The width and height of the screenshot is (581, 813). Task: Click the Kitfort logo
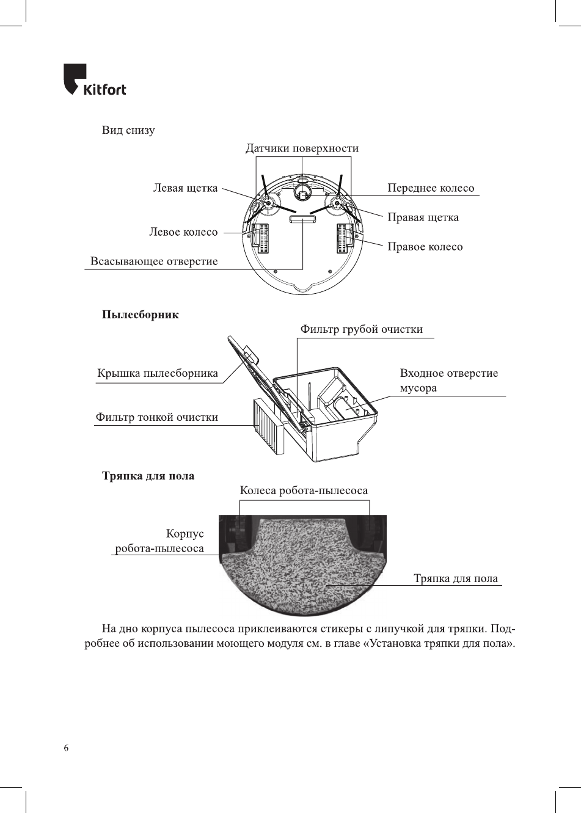pos(95,80)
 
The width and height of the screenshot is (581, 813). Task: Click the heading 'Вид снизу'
pos(128,130)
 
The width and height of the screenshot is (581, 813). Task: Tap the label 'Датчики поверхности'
pos(302,148)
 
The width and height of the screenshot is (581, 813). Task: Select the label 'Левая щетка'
pos(185,188)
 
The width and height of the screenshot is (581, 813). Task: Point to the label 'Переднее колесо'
pos(431,188)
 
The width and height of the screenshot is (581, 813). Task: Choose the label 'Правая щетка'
pos(423,217)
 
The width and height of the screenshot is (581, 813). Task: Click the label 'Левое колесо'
pos(183,232)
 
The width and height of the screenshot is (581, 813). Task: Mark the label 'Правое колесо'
pos(425,247)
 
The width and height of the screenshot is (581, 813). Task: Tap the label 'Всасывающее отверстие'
pos(154,261)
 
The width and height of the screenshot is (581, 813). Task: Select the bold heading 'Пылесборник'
pos(141,315)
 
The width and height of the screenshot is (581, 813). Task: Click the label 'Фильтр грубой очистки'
pos(361,329)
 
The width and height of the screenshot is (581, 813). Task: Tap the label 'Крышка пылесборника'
pos(158,374)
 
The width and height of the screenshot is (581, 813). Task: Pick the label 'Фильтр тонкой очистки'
pos(156,418)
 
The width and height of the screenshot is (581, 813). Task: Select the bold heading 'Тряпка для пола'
pos(148,476)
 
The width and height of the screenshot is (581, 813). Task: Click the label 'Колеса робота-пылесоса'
pos(304,490)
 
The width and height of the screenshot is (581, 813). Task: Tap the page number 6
pos(66,749)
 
